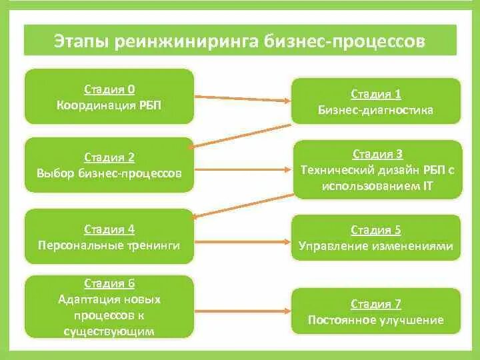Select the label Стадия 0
click(x=109, y=89)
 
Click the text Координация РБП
click(x=109, y=105)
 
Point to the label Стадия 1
click(x=376, y=95)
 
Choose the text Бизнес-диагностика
click(x=376, y=110)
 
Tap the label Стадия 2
click(x=109, y=157)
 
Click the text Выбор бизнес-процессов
click(x=109, y=173)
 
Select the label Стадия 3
click(x=377, y=155)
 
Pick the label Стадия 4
click(x=109, y=229)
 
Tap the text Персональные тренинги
click(x=109, y=245)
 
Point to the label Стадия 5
click(x=376, y=230)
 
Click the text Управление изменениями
click(x=376, y=246)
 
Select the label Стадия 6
click(x=109, y=283)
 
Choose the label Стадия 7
click(x=376, y=304)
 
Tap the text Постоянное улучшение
click(x=376, y=320)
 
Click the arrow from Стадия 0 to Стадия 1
click(x=243, y=97)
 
